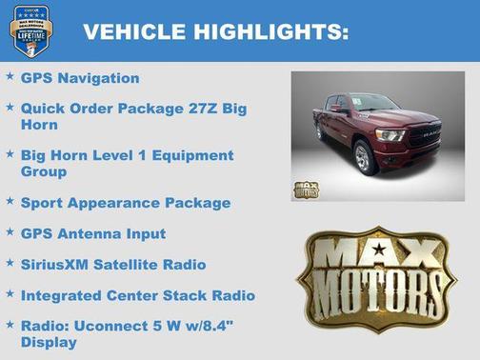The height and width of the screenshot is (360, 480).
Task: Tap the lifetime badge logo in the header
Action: click(30, 30)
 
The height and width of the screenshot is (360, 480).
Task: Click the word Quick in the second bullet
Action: click(43, 109)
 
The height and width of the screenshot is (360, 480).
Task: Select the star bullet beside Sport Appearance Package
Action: click(10, 201)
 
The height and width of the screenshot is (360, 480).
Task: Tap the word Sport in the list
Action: click(42, 202)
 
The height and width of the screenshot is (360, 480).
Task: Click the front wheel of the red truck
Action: click(363, 157)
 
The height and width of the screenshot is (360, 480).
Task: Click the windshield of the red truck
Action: click(372, 103)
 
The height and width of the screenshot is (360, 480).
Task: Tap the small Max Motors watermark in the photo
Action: click(306, 189)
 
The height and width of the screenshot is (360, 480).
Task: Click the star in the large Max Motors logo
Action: click(379, 250)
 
